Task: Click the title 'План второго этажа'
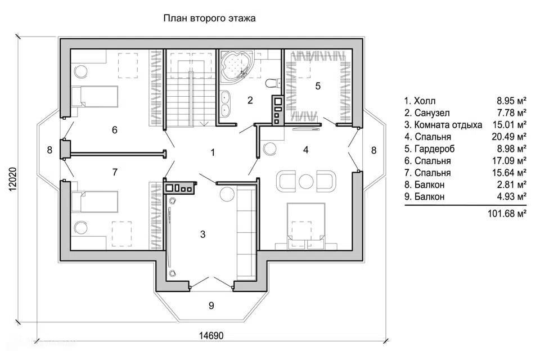click(209, 18)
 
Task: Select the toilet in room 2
click(273, 83)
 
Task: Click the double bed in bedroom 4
click(306, 224)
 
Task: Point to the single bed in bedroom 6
click(94, 96)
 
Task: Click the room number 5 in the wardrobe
click(318, 85)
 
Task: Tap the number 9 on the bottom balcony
click(211, 305)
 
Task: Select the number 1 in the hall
click(213, 152)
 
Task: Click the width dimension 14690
click(211, 336)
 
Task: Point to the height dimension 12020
click(13, 179)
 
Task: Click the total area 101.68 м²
click(507, 214)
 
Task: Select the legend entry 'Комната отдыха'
click(448, 125)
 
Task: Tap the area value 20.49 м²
click(509, 137)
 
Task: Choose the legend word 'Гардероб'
click(435, 149)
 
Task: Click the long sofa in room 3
click(246, 232)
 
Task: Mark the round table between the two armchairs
click(306, 181)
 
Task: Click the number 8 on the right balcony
click(373, 151)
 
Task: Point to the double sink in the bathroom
click(225, 103)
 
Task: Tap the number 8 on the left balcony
click(49, 150)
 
